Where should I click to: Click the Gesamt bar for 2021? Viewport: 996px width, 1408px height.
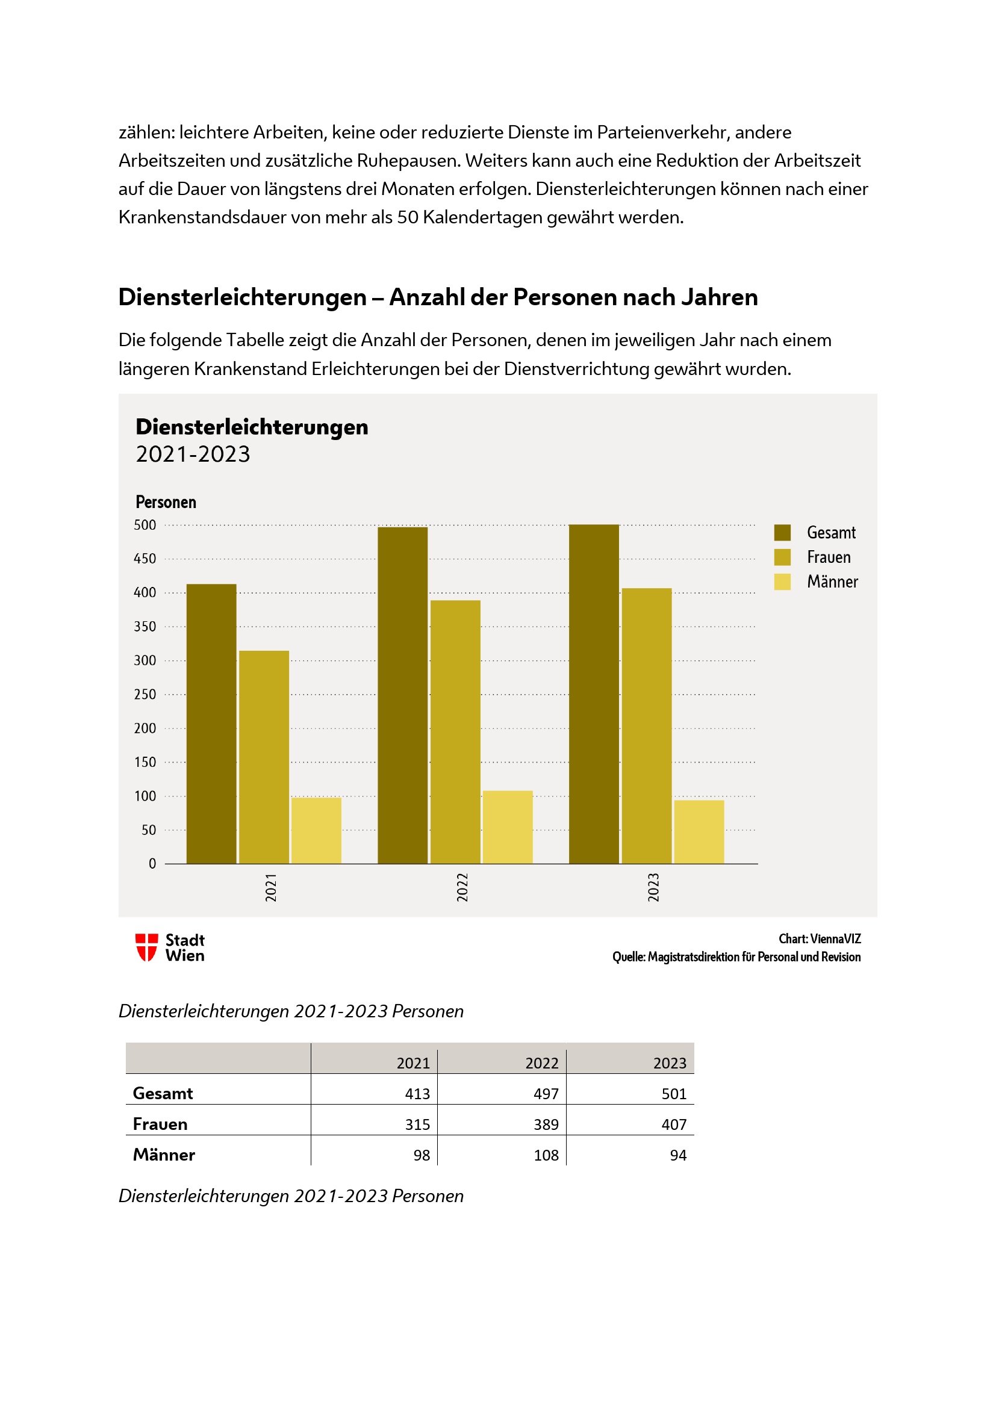211,724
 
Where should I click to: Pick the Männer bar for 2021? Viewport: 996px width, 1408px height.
316,830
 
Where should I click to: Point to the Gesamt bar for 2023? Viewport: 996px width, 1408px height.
594,693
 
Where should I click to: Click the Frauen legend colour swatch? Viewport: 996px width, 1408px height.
782,557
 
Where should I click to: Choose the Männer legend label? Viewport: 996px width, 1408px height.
832,581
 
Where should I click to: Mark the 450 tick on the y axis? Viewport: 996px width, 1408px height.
145,559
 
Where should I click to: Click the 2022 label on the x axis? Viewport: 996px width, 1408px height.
462,887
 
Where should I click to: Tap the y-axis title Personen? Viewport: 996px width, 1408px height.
166,502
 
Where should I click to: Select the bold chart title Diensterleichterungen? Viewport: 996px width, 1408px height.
252,427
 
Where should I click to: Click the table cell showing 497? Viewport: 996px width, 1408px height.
545,1093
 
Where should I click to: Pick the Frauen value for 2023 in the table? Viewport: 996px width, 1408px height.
673,1124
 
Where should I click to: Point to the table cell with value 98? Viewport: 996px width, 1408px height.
422,1155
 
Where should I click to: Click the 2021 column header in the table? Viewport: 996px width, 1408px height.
412,1062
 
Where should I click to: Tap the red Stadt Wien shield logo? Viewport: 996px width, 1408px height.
146,947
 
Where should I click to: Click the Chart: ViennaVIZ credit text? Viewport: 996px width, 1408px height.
820,939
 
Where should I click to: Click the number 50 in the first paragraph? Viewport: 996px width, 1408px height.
407,217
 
